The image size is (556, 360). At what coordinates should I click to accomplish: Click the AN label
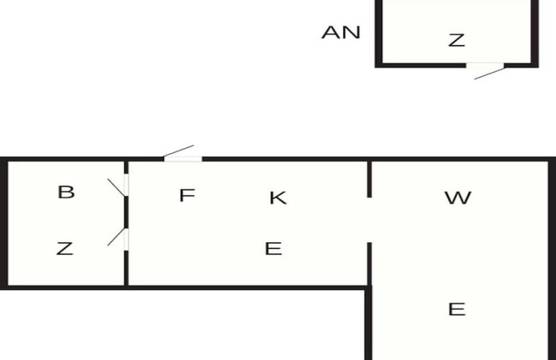pyautogui.click(x=340, y=32)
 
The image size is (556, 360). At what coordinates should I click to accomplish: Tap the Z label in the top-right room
pyautogui.click(x=457, y=40)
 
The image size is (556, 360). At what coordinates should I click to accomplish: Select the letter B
pyautogui.click(x=67, y=192)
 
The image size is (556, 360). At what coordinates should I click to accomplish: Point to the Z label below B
pyautogui.click(x=65, y=248)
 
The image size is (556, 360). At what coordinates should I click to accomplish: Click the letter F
pyautogui.click(x=186, y=195)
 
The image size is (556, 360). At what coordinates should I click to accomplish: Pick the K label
pyautogui.click(x=278, y=198)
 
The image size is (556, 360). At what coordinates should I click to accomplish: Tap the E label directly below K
pyautogui.click(x=274, y=248)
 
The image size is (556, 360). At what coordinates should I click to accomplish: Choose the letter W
pyautogui.click(x=458, y=198)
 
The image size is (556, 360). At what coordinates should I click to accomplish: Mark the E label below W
pyautogui.click(x=457, y=310)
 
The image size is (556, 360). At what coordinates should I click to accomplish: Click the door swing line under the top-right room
pyautogui.click(x=489, y=74)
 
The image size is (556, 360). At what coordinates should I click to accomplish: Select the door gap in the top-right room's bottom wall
pyautogui.click(x=485, y=65)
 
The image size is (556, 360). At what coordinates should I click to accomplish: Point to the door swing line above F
pyautogui.click(x=179, y=150)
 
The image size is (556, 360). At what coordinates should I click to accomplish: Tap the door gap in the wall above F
pyautogui.click(x=183, y=159)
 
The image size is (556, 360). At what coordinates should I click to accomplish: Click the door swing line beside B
pyautogui.click(x=116, y=187)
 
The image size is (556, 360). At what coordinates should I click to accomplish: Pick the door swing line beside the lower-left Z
pyautogui.click(x=116, y=237)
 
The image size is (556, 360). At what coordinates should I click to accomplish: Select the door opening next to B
pyautogui.click(x=127, y=185)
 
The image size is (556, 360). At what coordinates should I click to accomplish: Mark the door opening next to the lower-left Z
pyautogui.click(x=127, y=239)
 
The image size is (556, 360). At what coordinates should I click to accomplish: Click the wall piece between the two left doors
pyautogui.click(x=127, y=212)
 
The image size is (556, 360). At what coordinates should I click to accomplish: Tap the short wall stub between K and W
pyautogui.click(x=370, y=179)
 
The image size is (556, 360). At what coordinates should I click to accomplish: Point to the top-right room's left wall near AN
pyautogui.click(x=379, y=32)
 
